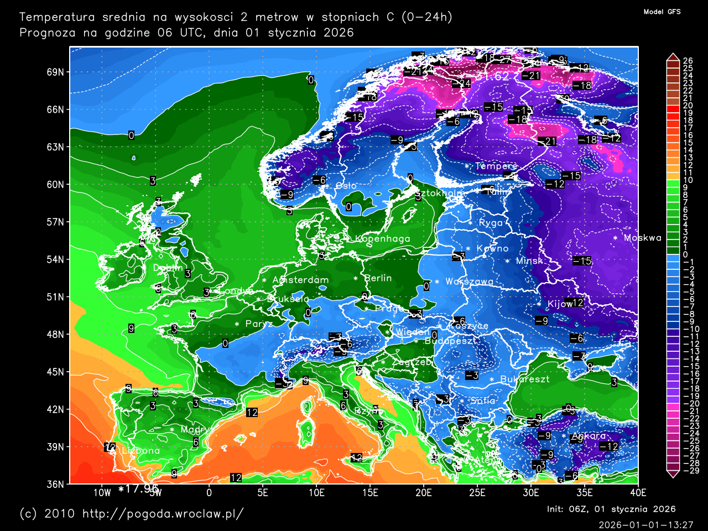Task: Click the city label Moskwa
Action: tap(642, 238)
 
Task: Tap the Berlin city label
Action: tap(378, 278)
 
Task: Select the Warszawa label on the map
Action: tap(470, 282)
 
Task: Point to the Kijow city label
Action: tap(560, 304)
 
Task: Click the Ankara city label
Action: tap(588, 436)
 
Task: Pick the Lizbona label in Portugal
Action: tap(140, 451)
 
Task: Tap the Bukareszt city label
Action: tap(525, 379)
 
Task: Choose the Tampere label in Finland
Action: tap(496, 166)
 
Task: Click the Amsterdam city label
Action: tap(300, 280)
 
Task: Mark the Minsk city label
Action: tap(529, 261)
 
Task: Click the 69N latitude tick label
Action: tap(55, 72)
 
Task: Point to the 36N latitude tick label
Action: tap(55, 484)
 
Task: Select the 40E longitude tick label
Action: tap(638, 493)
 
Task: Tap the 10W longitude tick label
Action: tap(102, 493)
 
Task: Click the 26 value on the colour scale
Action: tap(688, 61)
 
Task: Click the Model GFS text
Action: tap(662, 12)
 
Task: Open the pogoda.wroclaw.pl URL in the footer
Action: tap(163, 514)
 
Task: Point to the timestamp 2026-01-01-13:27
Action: tap(645, 524)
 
